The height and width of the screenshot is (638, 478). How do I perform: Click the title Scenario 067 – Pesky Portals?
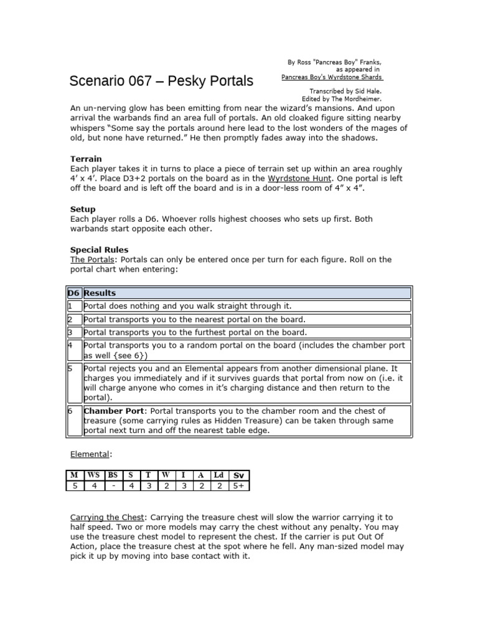[x=161, y=81]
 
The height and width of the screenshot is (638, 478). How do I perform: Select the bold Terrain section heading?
[x=86, y=159]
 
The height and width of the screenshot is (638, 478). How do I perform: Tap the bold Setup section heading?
[x=83, y=209]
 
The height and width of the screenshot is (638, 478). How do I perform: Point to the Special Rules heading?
[x=99, y=250]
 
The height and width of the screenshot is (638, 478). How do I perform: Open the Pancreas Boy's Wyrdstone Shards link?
[x=332, y=77]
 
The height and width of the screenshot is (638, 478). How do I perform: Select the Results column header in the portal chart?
[x=100, y=293]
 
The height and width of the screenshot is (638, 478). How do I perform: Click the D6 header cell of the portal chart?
[x=73, y=293]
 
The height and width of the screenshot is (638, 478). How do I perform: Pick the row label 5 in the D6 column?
[x=70, y=369]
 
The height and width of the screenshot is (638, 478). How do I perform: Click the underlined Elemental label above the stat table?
[x=90, y=455]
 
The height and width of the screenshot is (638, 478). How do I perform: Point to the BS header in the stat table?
[x=113, y=475]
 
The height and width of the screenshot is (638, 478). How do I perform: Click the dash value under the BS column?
[x=113, y=486]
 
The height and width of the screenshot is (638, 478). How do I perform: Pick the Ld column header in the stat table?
[x=218, y=475]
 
